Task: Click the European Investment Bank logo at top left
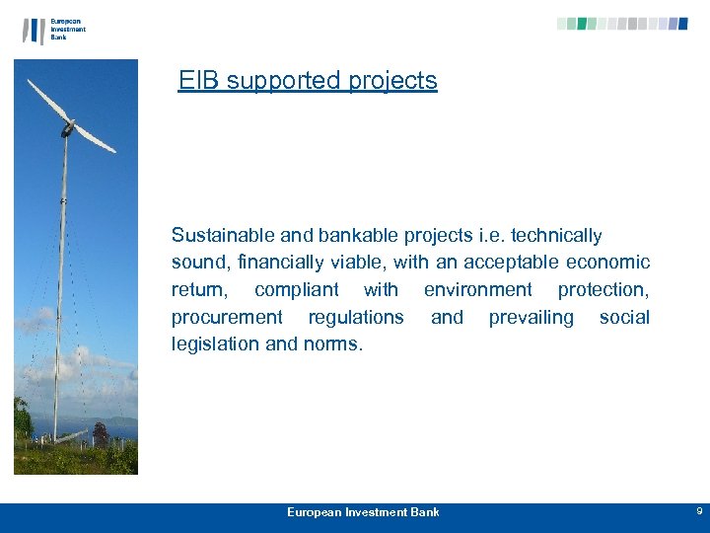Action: [x=54, y=30]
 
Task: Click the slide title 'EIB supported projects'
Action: [x=308, y=81]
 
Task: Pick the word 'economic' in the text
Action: [x=607, y=263]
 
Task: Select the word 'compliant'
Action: [x=296, y=290]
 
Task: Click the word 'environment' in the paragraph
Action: [x=477, y=290]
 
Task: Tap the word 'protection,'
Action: [x=603, y=290]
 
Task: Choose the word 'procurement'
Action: [x=226, y=318]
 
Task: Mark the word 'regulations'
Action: [x=356, y=318]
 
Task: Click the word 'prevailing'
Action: [x=531, y=318]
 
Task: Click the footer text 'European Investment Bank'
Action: [x=363, y=511]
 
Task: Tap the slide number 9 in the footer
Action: [x=699, y=511]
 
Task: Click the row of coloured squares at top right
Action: [x=622, y=24]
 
